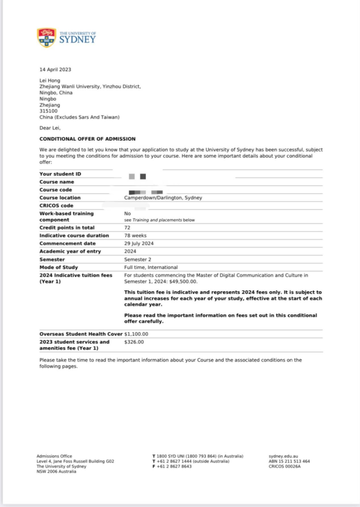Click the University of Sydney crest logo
click(47, 38)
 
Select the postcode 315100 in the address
click(48, 111)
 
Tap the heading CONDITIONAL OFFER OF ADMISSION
click(87, 139)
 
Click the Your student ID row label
click(60, 174)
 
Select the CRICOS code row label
click(56, 206)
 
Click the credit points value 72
click(127, 228)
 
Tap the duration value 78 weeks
click(135, 236)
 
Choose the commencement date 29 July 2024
click(140, 244)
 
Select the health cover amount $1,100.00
click(136, 334)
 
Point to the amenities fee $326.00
click(134, 342)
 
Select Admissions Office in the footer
click(54, 456)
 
